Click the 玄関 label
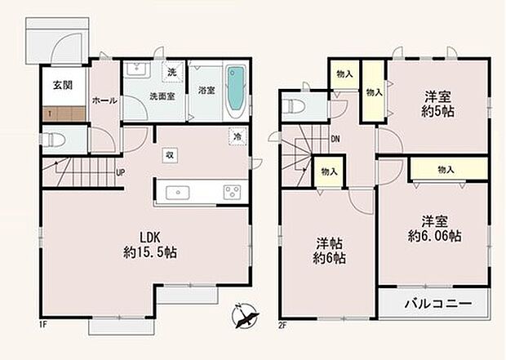(x=62, y=85)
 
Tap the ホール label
(x=104, y=100)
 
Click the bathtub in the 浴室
(x=234, y=90)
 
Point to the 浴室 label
(x=205, y=90)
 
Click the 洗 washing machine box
(x=172, y=72)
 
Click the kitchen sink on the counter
(x=178, y=193)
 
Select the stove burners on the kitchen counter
(x=230, y=193)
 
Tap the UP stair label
(x=120, y=173)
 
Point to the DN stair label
(x=335, y=138)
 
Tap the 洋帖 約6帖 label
(x=331, y=250)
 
